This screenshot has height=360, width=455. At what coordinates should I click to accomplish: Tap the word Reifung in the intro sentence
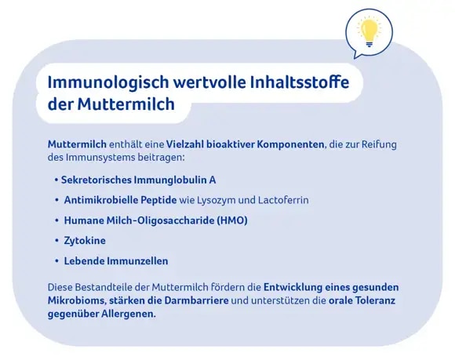point(381,145)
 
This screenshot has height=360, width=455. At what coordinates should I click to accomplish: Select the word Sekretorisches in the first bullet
point(96,180)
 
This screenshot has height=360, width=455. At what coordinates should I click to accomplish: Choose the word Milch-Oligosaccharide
point(156,220)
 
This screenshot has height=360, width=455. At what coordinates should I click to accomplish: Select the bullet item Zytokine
point(85,241)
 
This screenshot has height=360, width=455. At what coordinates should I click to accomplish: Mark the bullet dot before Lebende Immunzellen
point(56,261)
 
